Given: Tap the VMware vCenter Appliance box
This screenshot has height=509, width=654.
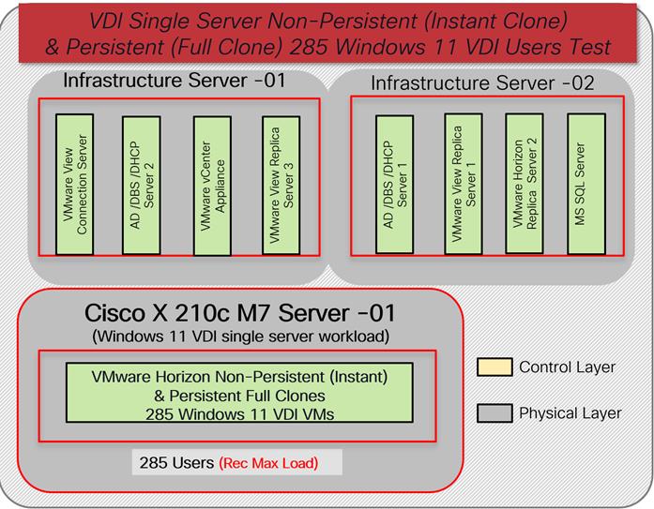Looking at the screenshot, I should (x=211, y=184).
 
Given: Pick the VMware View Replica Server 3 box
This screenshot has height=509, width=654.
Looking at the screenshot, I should (x=281, y=184).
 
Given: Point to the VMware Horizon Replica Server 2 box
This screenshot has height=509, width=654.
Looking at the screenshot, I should (x=525, y=184).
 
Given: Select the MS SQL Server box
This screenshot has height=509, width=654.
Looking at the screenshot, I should (x=586, y=184).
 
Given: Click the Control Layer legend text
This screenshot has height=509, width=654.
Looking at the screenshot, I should (x=569, y=367).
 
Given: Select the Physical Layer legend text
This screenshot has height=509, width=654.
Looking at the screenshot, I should (x=570, y=412).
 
